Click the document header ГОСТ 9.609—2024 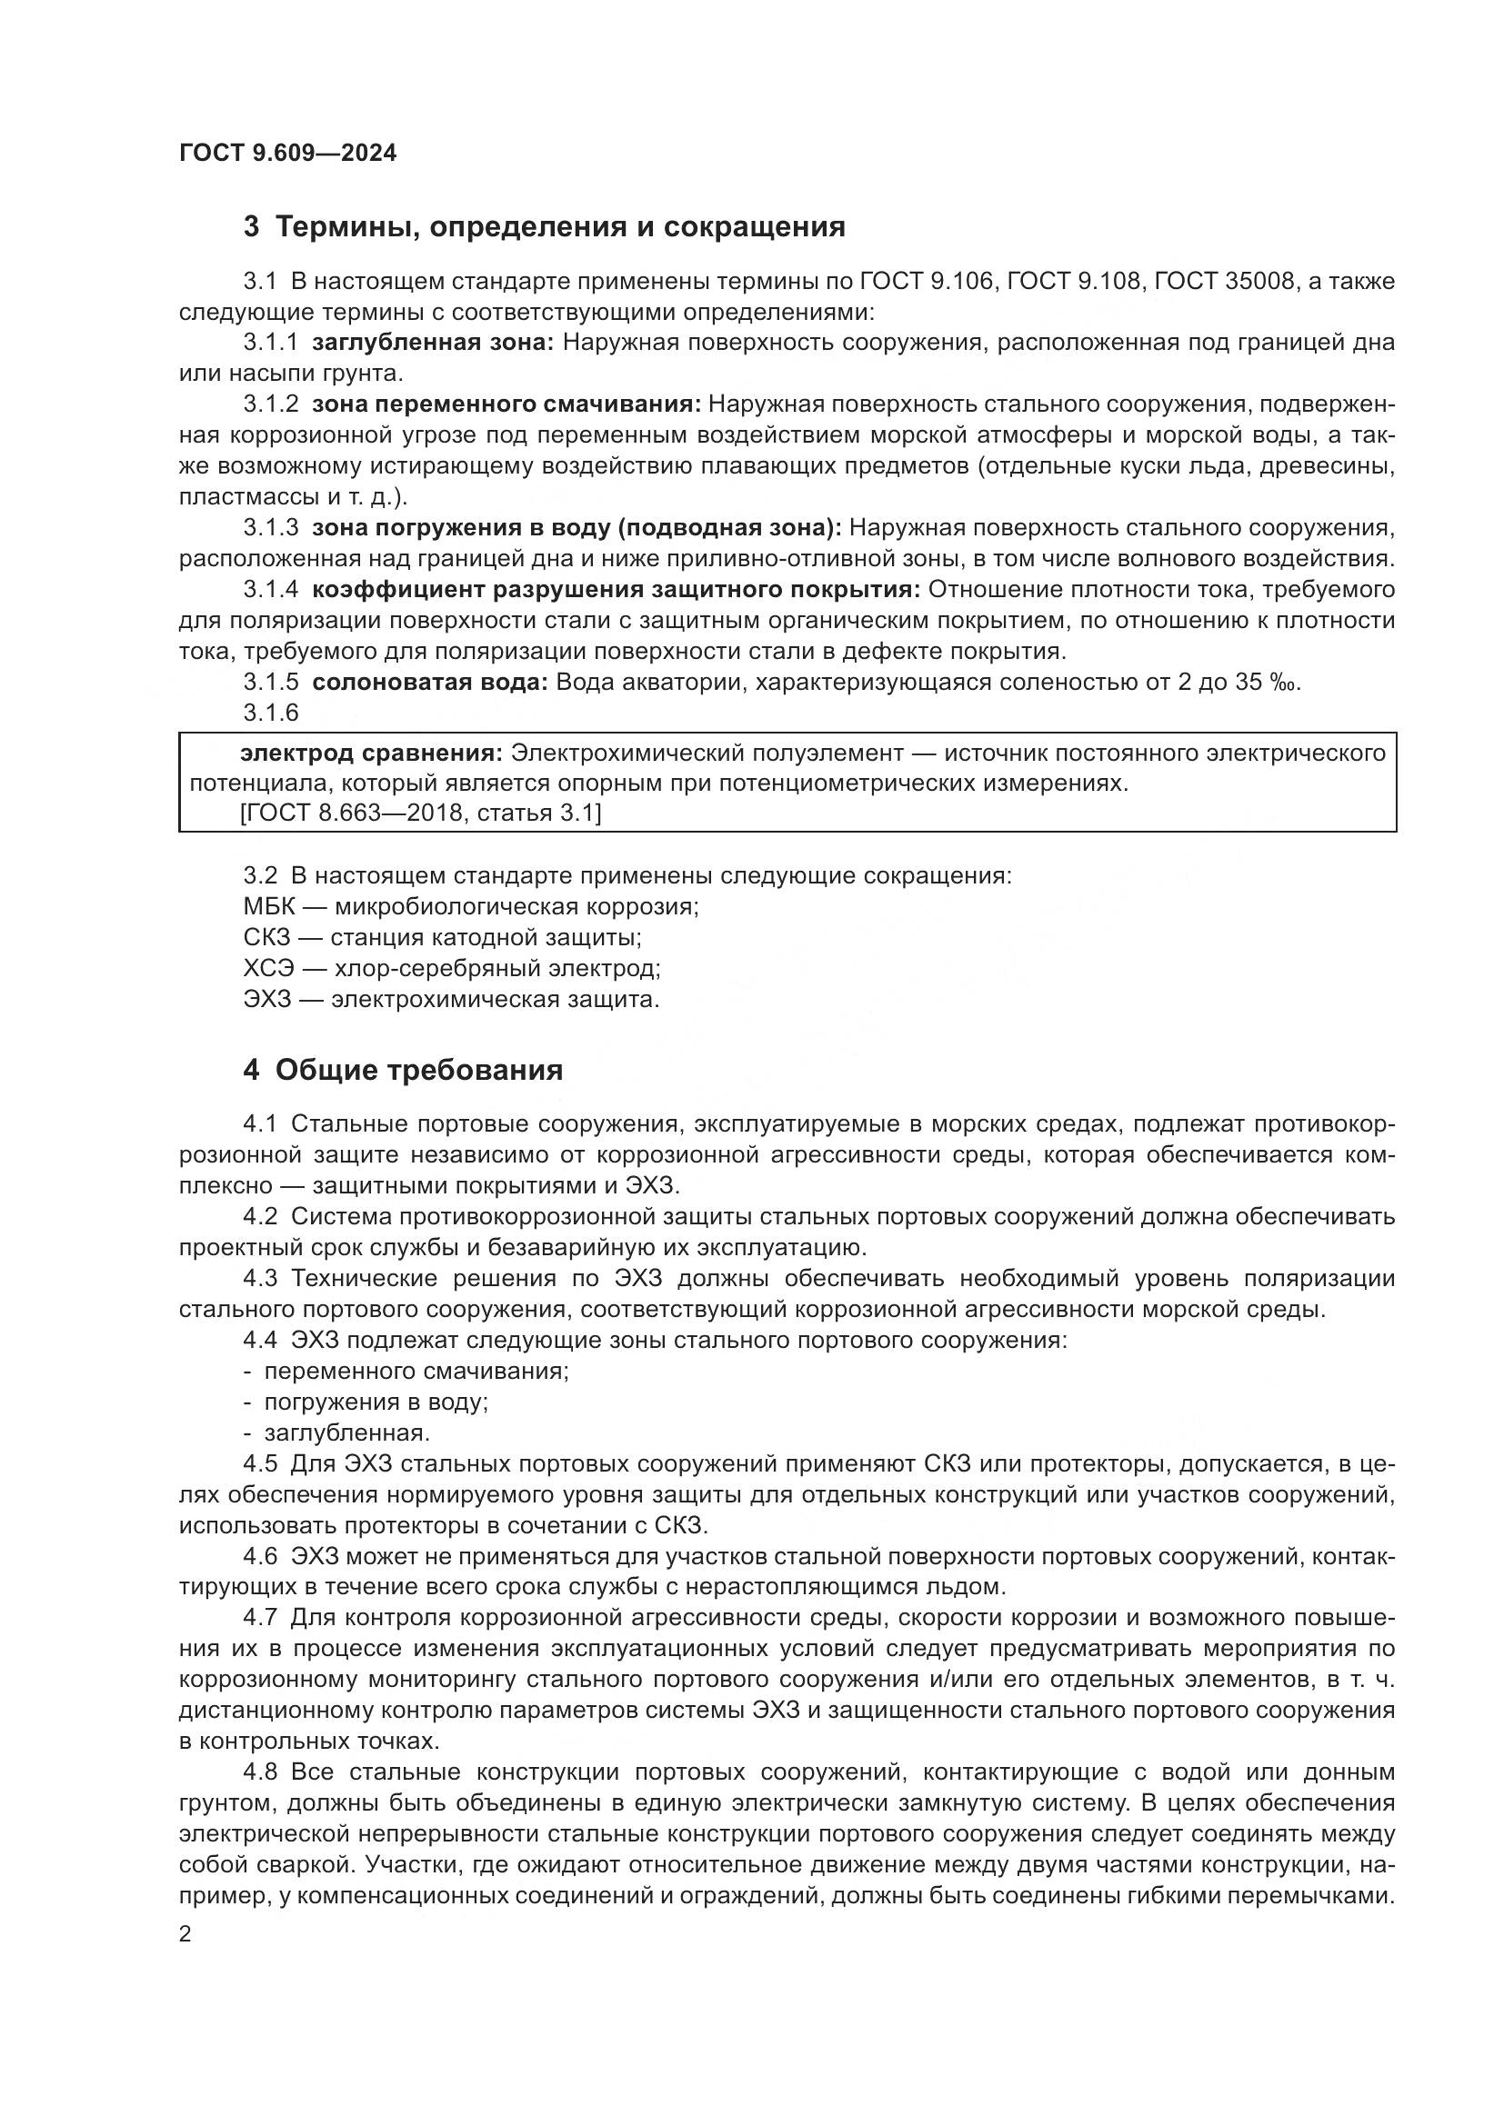click(287, 153)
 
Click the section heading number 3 click(251, 227)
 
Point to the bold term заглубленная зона click(433, 343)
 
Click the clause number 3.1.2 click(270, 404)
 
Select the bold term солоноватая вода click(430, 683)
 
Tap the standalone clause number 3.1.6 click(270, 712)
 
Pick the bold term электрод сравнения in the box click(370, 753)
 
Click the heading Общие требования click(418, 1071)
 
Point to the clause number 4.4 click(260, 1340)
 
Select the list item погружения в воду click(375, 1402)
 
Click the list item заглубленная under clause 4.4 click(346, 1432)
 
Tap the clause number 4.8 click(260, 1772)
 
